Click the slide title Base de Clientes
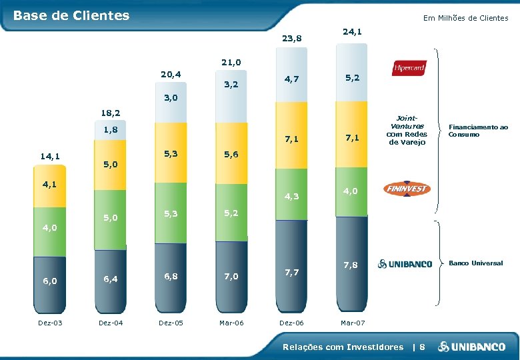[71, 15]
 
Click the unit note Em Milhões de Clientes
[465, 18]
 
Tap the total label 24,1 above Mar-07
[352, 31]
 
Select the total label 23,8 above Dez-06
[291, 39]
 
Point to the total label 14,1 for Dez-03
[51, 157]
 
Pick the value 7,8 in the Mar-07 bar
[352, 265]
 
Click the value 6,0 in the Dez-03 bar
[51, 281]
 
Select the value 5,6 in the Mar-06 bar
[231, 154]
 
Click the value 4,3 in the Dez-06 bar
[291, 197]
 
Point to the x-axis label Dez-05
[171, 323]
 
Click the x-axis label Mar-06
[231, 323]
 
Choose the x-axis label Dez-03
[51, 323]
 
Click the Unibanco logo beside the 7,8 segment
[405, 264]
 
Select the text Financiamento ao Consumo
[478, 130]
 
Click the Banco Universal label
[476, 263]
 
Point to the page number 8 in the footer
[421, 347]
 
